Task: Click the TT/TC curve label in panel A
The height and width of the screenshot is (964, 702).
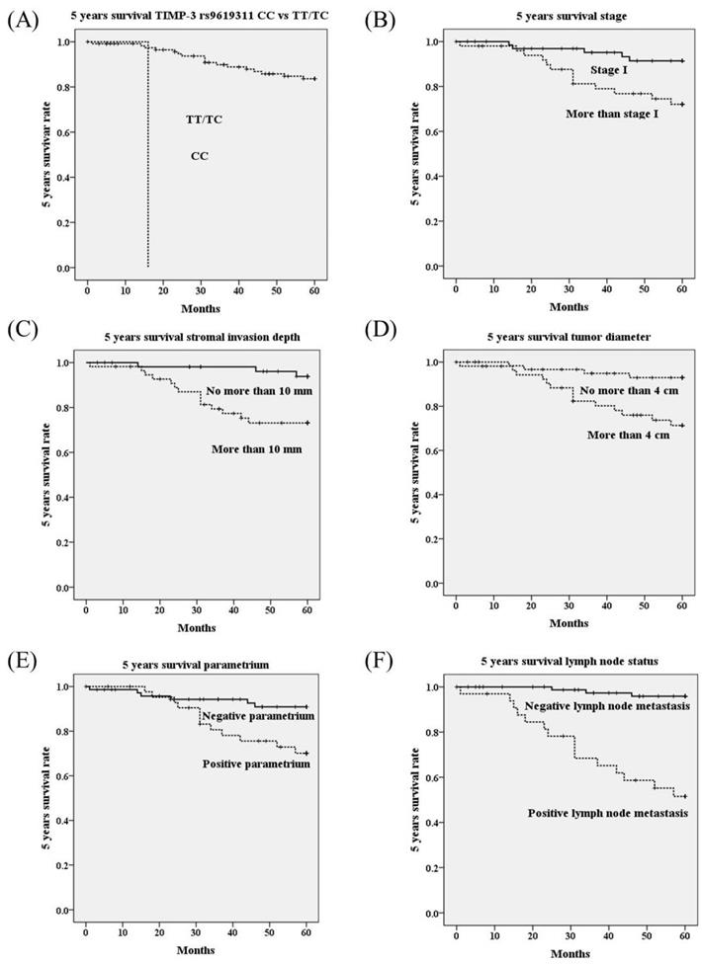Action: click(x=204, y=120)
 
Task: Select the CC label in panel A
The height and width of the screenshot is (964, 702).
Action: click(x=200, y=156)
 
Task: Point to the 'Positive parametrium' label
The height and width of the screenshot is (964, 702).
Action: click(x=256, y=763)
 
